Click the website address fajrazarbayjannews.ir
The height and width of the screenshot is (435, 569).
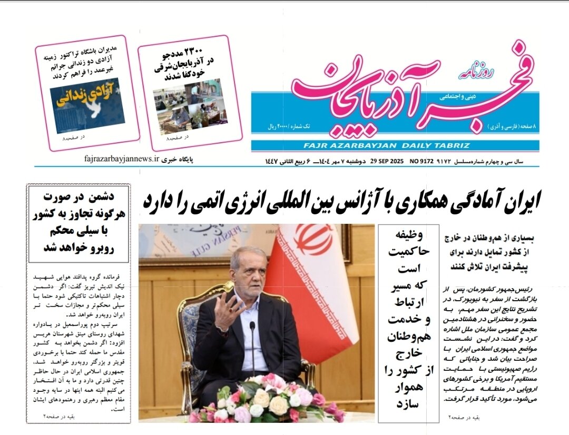[121, 158]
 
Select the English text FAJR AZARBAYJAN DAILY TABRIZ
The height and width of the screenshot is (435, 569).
[386, 145]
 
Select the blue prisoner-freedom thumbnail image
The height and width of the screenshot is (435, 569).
[87, 105]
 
